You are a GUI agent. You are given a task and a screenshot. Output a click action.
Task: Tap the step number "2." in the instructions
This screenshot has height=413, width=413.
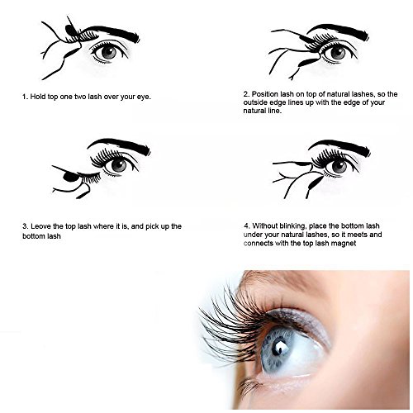246,94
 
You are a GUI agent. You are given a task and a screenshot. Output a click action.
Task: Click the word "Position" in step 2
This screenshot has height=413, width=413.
265,94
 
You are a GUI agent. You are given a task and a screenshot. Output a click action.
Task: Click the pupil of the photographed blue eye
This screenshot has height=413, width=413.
277,347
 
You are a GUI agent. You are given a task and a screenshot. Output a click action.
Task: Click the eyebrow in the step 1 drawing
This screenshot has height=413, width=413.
110,31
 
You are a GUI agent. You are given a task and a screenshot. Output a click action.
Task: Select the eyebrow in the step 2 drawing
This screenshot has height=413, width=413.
339,31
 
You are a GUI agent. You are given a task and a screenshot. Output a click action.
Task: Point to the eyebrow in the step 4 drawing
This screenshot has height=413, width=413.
341,145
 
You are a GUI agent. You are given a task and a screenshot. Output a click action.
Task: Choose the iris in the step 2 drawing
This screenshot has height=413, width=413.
337,53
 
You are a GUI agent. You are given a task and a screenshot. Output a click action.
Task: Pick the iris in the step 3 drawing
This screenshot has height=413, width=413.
119,165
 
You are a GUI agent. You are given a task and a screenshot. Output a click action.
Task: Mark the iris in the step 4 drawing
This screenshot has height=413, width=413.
339,166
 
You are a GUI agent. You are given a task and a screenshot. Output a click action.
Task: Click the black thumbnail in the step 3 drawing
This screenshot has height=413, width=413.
69,177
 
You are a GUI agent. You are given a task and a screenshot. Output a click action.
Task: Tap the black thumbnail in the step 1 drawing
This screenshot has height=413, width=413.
69,29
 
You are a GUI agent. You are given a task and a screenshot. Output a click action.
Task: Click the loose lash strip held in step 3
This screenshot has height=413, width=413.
89,178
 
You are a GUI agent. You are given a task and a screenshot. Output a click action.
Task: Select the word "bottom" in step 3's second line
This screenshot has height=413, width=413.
33,236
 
